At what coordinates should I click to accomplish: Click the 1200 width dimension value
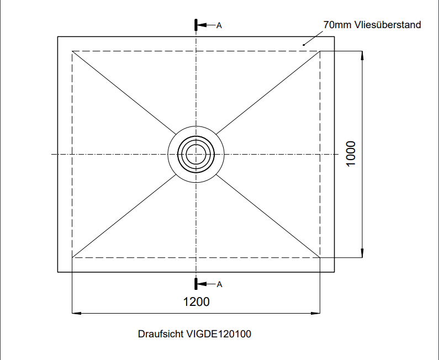[196, 302]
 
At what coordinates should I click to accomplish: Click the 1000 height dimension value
[351, 154]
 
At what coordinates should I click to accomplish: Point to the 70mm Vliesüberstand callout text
[372, 25]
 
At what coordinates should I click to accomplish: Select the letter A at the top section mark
[219, 25]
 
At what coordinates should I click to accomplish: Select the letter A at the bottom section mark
[219, 284]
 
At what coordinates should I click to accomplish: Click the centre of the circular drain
[196, 154]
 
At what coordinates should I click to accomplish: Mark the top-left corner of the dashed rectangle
[72, 51]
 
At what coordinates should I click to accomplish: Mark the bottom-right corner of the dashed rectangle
[320, 257]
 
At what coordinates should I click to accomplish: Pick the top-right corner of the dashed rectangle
[320, 51]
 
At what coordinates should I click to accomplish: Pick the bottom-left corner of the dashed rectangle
[72, 257]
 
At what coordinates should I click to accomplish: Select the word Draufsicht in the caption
[160, 334]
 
